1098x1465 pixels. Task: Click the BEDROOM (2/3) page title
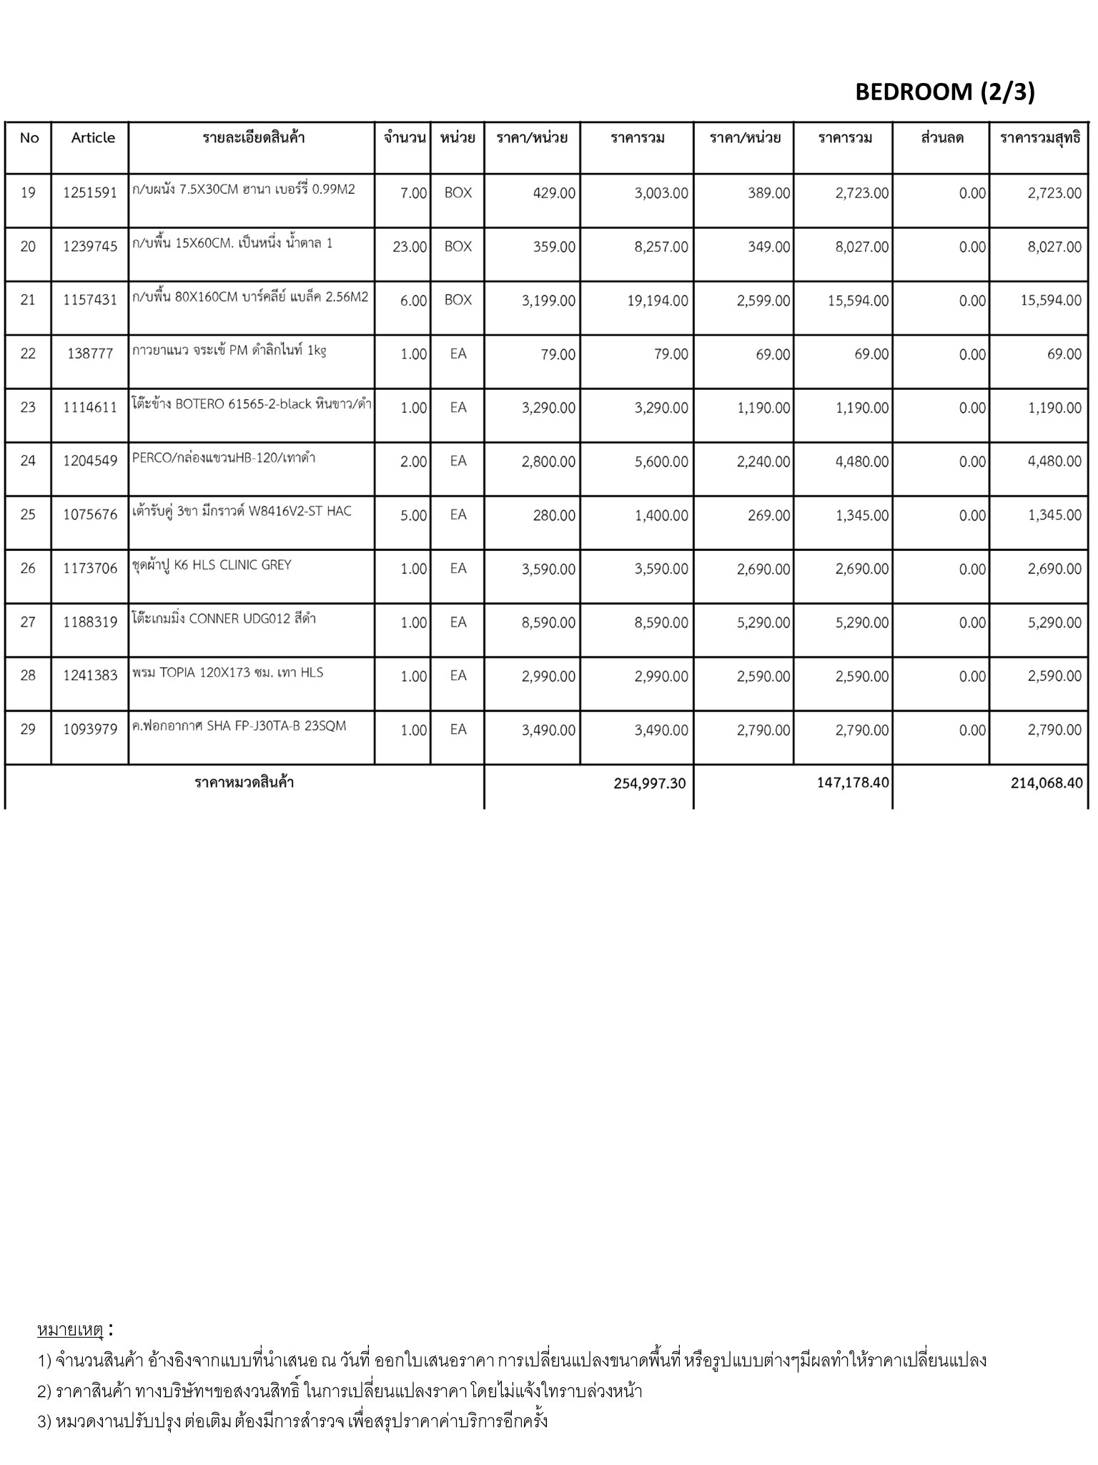coord(944,92)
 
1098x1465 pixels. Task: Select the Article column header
coord(93,138)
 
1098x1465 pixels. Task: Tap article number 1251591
coord(90,193)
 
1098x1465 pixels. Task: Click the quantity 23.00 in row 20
coord(410,247)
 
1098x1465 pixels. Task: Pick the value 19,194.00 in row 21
coord(658,300)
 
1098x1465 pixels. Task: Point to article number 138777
coord(90,354)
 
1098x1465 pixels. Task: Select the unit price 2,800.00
coord(548,461)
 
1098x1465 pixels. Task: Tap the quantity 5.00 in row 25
coord(413,515)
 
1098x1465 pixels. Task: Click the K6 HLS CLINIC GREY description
coord(212,565)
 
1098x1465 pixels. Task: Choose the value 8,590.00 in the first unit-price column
coord(548,622)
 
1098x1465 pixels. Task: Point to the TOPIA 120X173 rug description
coord(227,672)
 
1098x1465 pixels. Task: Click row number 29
coord(28,730)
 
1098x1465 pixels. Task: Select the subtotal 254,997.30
coord(649,783)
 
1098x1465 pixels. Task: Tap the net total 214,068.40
coord(1047,783)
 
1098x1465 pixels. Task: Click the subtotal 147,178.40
coord(853,783)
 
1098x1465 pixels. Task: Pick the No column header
coord(29,138)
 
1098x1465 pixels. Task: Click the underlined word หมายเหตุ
coord(70,1330)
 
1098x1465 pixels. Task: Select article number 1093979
coord(90,730)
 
